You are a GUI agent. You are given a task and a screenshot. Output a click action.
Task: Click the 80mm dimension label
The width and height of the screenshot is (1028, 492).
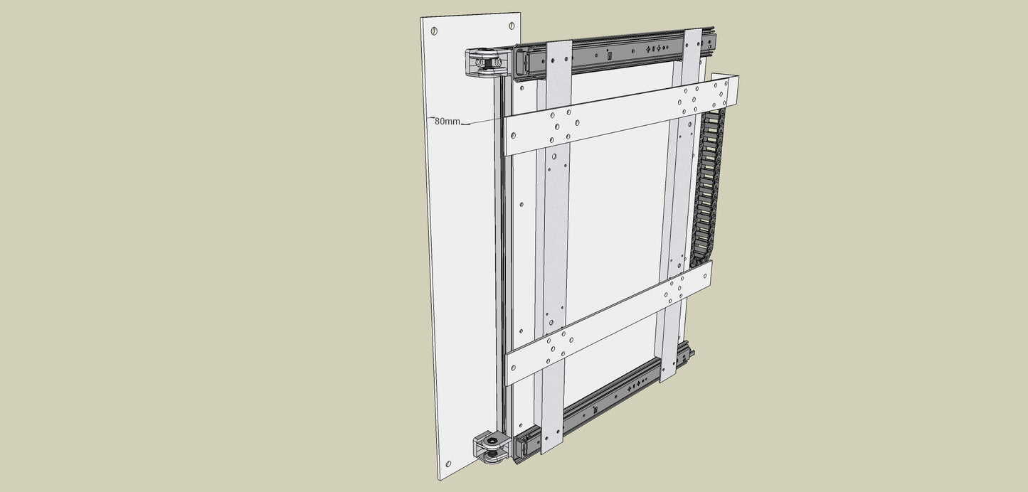click(447, 122)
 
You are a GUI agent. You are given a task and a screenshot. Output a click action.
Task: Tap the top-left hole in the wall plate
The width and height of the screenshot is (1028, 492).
click(434, 31)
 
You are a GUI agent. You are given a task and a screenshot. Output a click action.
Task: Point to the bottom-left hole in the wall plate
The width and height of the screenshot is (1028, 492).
click(448, 464)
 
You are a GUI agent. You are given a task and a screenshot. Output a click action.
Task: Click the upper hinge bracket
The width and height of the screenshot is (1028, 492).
click(487, 63)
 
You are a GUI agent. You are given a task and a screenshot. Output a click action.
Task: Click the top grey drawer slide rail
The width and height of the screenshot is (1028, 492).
click(615, 54)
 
